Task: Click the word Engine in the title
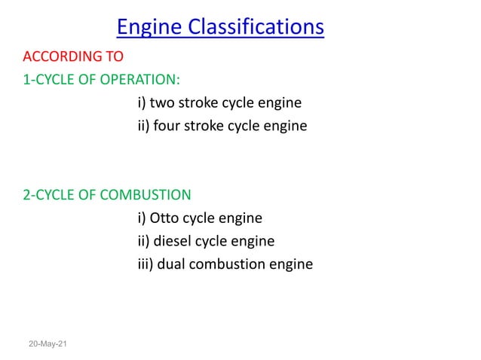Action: pos(152,28)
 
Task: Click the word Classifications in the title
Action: pos(259,28)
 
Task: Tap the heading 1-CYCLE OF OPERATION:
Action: pos(102,80)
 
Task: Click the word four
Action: pos(169,126)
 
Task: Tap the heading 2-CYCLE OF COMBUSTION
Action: pos(107,196)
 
